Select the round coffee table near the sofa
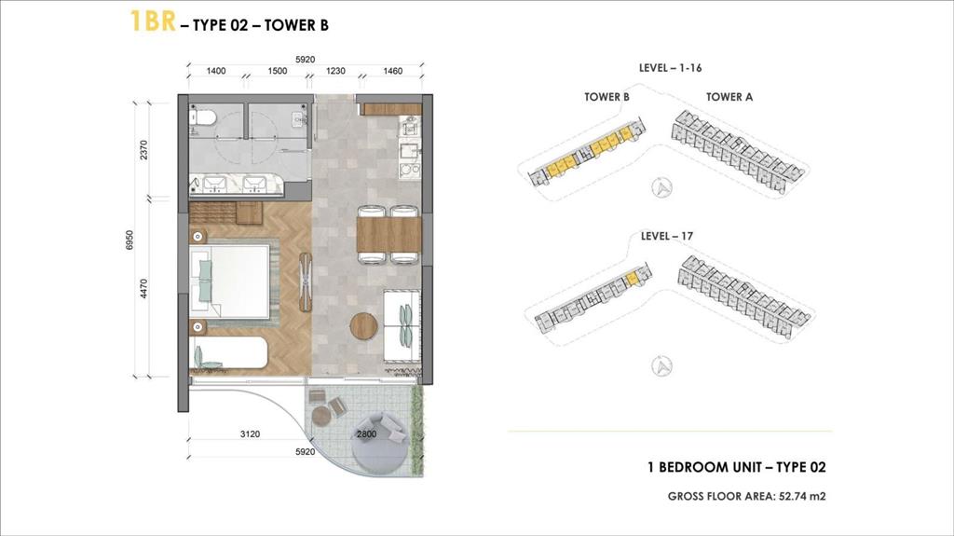click(363, 326)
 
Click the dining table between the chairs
click(389, 234)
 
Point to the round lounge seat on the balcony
click(379, 438)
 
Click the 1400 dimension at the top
click(217, 71)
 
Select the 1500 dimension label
click(277, 71)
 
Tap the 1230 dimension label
click(335, 71)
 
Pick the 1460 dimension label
click(392, 71)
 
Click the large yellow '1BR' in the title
click(153, 22)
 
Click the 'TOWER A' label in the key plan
click(729, 96)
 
